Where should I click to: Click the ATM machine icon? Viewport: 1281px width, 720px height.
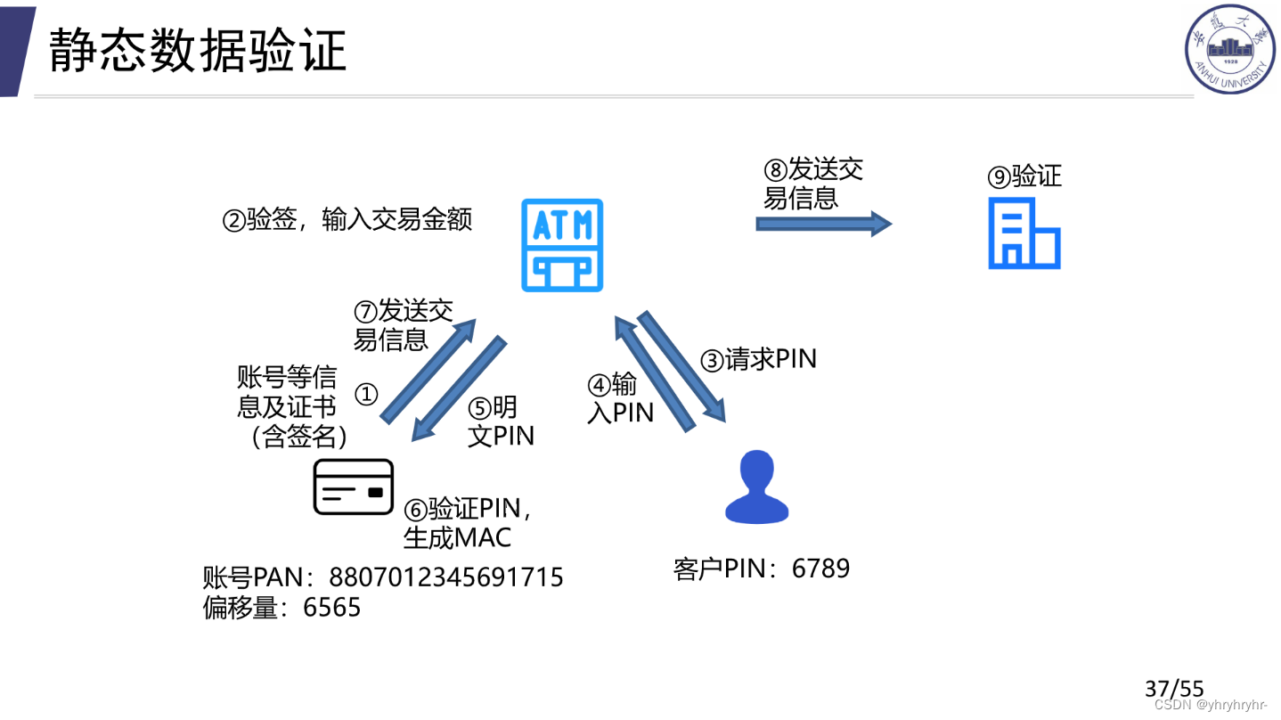click(562, 245)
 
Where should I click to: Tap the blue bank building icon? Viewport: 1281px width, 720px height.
click(1024, 233)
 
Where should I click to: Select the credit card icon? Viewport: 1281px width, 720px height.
click(354, 487)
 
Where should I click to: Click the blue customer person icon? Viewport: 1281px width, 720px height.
click(757, 487)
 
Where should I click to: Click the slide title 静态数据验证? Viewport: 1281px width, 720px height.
click(198, 50)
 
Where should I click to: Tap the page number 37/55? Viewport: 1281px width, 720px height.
click(1174, 689)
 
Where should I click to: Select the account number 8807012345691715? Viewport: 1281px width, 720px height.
click(446, 577)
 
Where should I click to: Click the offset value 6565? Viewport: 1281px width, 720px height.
click(332, 608)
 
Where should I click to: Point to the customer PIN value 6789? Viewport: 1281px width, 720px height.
click(820, 569)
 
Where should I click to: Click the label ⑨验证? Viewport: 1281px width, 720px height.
click(1024, 176)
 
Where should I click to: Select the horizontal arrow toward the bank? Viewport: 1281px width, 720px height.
click(823, 224)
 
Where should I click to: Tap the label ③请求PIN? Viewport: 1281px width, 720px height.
click(758, 359)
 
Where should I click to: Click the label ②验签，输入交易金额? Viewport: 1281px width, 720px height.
click(347, 220)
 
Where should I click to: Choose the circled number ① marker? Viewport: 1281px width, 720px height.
click(367, 394)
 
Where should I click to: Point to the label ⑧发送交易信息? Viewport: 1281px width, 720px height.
click(812, 183)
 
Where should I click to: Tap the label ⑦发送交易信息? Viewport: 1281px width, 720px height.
click(403, 324)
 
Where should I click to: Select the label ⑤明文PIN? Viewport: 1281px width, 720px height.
click(501, 421)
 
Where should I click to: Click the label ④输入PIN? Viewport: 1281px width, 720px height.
click(620, 398)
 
